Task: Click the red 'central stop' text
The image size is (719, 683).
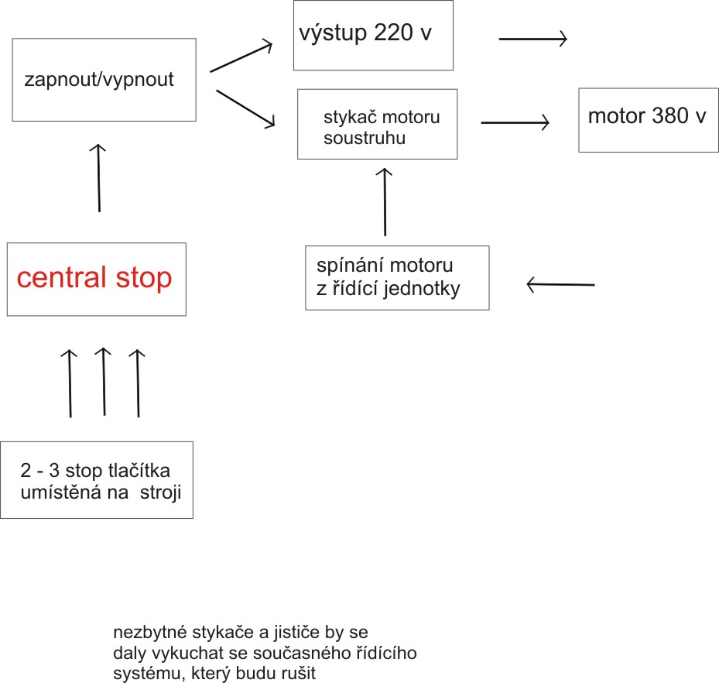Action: [x=94, y=277]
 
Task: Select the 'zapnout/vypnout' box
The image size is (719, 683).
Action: [x=104, y=79]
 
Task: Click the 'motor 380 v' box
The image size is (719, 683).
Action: [x=648, y=118]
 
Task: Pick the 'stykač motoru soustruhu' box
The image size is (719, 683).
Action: [x=377, y=124]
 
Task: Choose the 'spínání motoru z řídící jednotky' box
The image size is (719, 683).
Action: [x=397, y=277]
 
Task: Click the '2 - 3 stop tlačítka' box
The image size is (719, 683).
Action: [x=96, y=479]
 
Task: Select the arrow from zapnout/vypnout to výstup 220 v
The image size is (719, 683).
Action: [x=241, y=57]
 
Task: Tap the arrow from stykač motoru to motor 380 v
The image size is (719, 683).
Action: [x=515, y=122]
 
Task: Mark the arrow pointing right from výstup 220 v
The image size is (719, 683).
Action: [x=533, y=38]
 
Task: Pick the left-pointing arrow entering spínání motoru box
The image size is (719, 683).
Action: [x=560, y=285]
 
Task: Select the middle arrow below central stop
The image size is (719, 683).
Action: [x=103, y=381]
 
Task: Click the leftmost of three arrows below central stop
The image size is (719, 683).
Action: [x=70, y=383]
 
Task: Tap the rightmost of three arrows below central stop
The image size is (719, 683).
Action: [x=137, y=383]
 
